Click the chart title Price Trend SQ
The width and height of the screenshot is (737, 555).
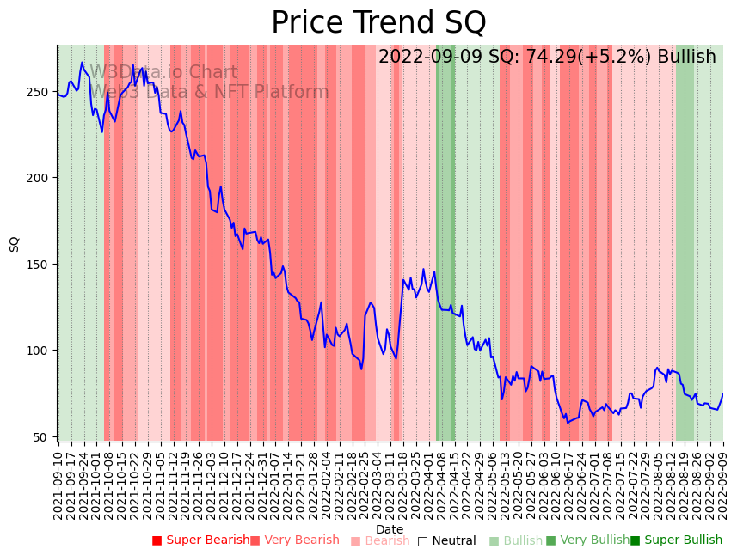(x=378, y=23)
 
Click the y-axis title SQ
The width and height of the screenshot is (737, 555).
(x=15, y=243)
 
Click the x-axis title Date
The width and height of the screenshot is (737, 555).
(x=390, y=530)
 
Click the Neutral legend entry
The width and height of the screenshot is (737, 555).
(x=447, y=541)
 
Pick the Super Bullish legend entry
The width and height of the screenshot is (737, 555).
(x=677, y=540)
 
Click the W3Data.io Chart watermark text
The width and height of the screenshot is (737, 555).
(x=163, y=73)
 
